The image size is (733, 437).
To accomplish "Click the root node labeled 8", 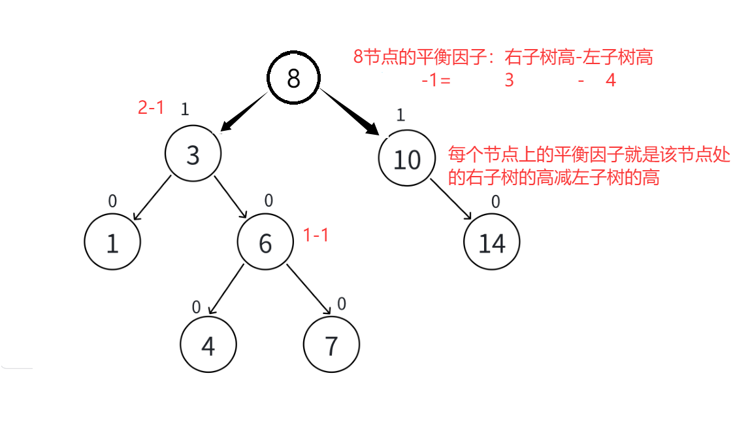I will (x=293, y=79).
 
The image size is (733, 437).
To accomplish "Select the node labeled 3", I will (x=193, y=155).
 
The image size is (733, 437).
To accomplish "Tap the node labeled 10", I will (x=407, y=159).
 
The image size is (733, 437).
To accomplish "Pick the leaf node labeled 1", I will (x=112, y=242).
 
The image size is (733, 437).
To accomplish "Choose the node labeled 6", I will (x=265, y=243).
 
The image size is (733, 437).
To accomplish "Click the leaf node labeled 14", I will (x=492, y=243).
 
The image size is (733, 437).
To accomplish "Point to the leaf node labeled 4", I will (x=208, y=345).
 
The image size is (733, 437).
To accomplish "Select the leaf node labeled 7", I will (x=331, y=345).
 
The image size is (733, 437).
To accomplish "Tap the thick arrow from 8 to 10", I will (x=350, y=113).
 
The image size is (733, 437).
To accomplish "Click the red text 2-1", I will (x=151, y=108).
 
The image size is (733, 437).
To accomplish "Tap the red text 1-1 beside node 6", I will (x=316, y=236).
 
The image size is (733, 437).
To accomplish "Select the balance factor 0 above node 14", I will (x=495, y=202).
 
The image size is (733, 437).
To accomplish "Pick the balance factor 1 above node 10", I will (x=400, y=116).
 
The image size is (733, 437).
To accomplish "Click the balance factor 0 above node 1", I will (x=112, y=201).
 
